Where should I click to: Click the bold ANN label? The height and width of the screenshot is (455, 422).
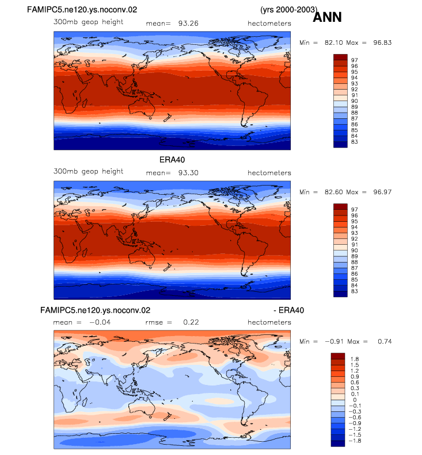coord(327,17)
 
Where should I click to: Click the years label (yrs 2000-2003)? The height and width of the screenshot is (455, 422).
coord(289,10)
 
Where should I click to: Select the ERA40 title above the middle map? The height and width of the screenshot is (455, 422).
coord(172,160)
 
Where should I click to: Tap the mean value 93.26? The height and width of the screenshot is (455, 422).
coord(188,24)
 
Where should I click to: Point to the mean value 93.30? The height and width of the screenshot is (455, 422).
coord(188,173)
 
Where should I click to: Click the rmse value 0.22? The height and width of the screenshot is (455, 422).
coord(191,322)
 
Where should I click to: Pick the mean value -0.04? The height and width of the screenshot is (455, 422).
coord(100,322)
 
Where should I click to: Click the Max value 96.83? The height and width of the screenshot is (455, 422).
coord(382,43)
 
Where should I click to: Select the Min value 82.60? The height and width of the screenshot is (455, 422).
coord(334,192)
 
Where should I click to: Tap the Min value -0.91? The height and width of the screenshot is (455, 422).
coord(334,342)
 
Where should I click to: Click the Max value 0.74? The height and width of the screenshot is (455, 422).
coord(385,342)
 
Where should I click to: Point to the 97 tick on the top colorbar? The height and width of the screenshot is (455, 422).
coord(354,60)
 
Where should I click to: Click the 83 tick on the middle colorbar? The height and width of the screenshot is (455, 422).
coord(354,291)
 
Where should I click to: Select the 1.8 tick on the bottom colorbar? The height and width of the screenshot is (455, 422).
coord(355,359)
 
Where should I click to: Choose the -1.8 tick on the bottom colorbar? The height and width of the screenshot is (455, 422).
coord(355,441)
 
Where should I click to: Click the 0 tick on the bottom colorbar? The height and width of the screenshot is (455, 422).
coord(355,400)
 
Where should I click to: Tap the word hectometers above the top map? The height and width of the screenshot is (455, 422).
coord(269,24)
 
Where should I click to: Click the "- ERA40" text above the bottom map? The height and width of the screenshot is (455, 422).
coord(289,310)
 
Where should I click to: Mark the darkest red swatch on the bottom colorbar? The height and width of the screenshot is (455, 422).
coord(338,356)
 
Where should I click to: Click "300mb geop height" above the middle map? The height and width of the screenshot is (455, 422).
coord(88,172)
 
